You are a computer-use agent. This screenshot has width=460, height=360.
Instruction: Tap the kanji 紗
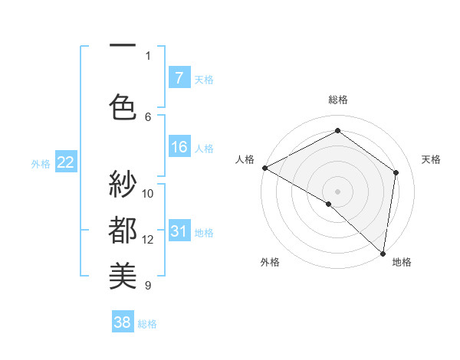point(123,185)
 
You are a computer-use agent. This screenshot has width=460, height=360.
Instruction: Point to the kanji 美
point(123,274)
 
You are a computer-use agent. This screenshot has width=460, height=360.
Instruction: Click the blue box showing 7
point(179,78)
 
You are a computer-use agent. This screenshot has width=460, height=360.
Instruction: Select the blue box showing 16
point(179,148)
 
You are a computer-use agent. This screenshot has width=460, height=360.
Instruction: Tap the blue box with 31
point(179,232)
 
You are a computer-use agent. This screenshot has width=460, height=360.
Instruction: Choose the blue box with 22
point(65,162)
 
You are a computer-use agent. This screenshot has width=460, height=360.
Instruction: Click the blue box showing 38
point(123,323)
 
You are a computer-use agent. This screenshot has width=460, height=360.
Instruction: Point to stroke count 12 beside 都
point(148,240)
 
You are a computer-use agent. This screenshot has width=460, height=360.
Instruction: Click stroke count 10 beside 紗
point(148,193)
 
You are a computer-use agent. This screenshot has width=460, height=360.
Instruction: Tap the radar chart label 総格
point(337,100)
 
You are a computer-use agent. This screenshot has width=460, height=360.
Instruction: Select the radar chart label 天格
point(431,159)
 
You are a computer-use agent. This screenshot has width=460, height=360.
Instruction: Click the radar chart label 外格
point(270,262)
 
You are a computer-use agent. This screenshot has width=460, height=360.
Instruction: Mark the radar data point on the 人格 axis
point(264,168)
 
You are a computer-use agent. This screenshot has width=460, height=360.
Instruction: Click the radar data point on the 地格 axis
point(383,253)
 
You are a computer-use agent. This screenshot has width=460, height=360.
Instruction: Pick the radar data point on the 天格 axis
point(396,172)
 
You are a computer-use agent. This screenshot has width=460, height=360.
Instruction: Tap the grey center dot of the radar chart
point(337,191)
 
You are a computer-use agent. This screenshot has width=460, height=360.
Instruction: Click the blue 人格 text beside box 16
point(204,149)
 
